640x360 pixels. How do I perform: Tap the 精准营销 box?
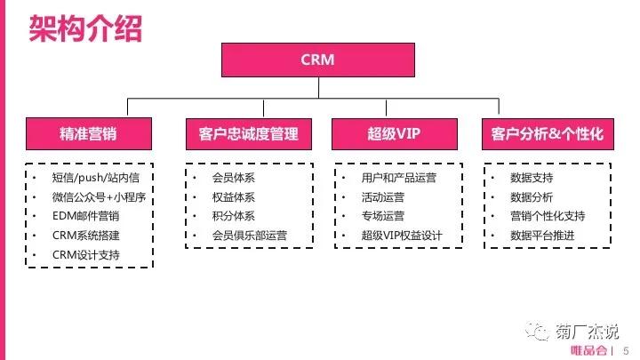pyautogui.click(x=88, y=134)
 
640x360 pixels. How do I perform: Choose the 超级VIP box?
pyautogui.click(x=393, y=134)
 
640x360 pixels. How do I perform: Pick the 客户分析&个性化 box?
pyautogui.click(x=547, y=134)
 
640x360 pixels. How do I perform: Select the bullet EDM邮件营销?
pyautogui.click(x=85, y=216)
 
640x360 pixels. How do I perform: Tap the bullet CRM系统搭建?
pyautogui.click(x=85, y=236)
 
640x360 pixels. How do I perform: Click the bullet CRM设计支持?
pyautogui.click(x=85, y=255)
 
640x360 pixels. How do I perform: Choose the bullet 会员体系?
pyautogui.click(x=233, y=177)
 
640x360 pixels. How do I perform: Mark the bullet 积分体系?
pyautogui.click(x=233, y=216)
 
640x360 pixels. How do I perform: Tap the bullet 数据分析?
pyautogui.click(x=532, y=196)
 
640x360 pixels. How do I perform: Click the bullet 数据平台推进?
pyautogui.click(x=542, y=236)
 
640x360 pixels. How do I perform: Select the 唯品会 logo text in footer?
pyautogui.click(x=588, y=350)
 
